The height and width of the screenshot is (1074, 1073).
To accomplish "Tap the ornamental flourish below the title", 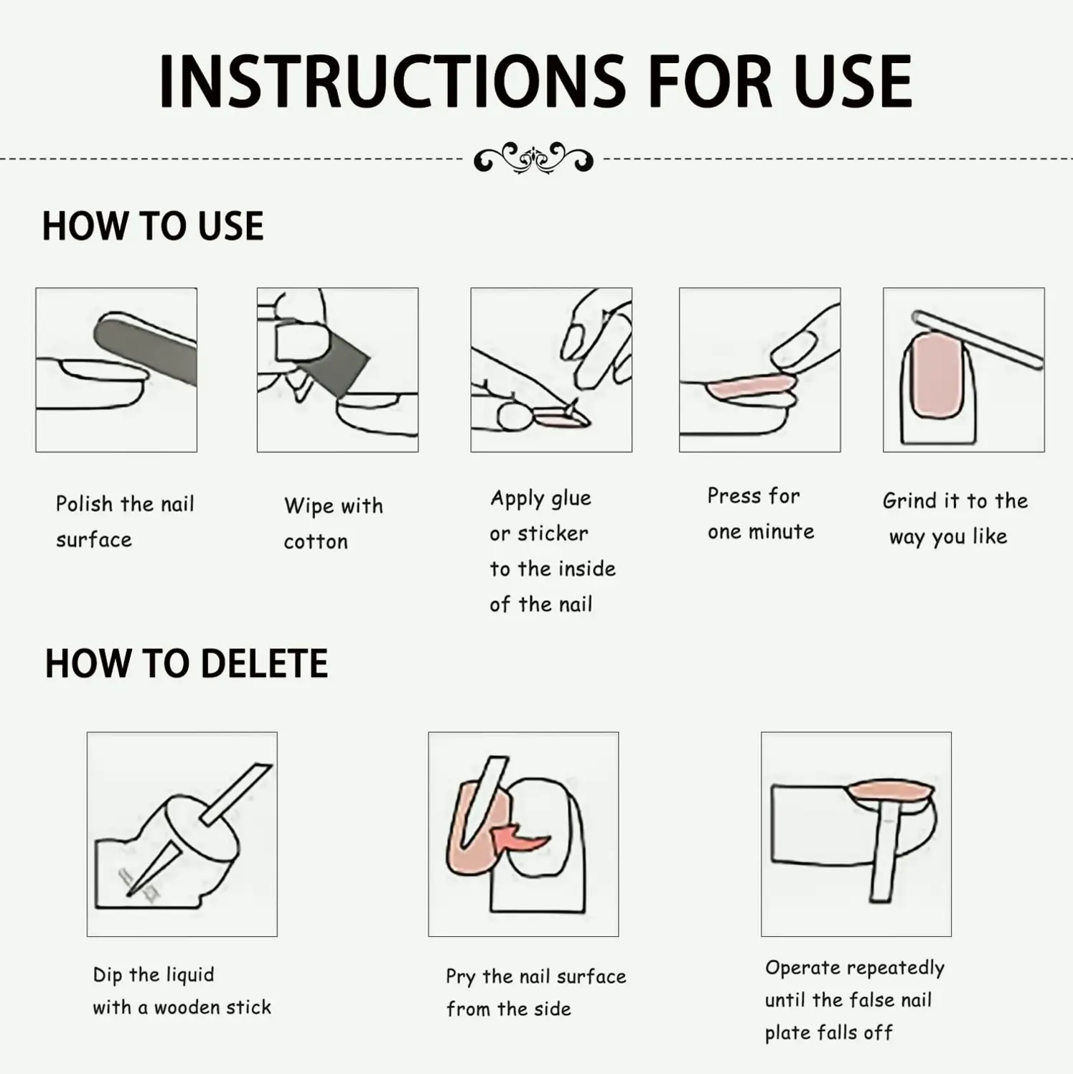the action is pos(533,158).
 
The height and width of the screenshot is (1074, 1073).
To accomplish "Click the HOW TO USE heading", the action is pos(153,226).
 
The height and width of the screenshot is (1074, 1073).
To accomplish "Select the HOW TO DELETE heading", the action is pos(187,663).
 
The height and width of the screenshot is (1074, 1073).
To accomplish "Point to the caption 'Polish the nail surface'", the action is pos(125,522).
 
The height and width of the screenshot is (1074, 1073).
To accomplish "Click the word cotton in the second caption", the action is pos(316,542).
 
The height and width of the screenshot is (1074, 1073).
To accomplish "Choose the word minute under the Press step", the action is pos(781,532).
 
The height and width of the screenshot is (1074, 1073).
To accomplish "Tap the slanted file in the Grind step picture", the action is pos(978,340).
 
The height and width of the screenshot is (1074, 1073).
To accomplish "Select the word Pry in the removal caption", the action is pos(460,978).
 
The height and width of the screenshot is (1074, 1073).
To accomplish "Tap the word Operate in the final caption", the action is pos(798,968).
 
